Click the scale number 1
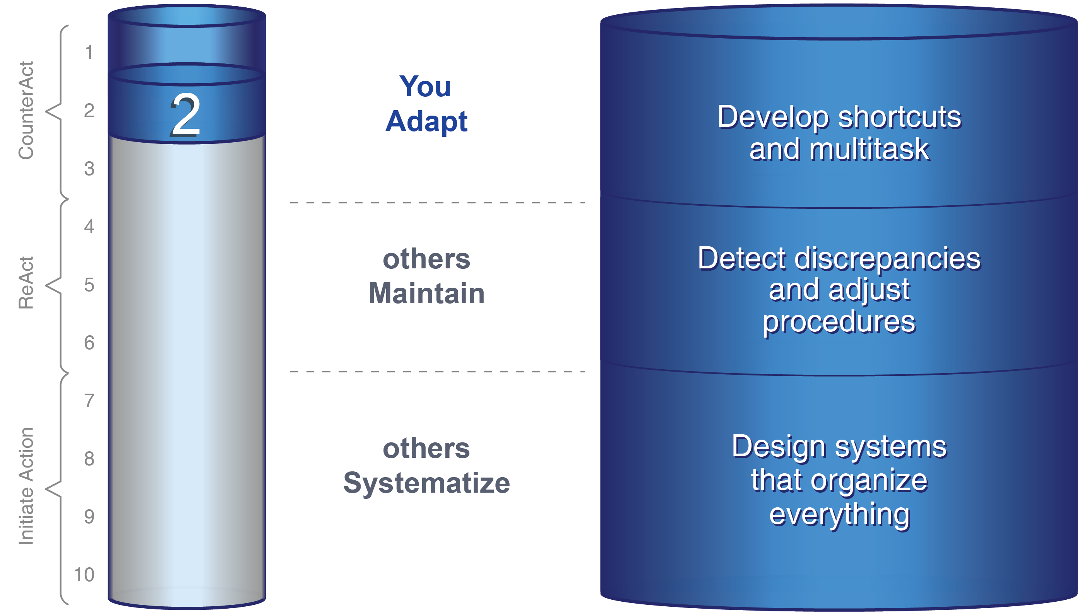89,53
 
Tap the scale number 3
89,169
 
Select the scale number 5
89,285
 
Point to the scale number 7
89,401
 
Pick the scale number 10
84,575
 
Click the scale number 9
89,517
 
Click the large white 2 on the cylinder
186,115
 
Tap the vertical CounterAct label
26,111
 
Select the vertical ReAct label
26,283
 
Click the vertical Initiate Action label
26,486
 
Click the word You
425,87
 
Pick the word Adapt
426,121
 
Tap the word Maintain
426,293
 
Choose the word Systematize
426,483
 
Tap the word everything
839,515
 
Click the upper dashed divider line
438,203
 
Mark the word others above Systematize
426,448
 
